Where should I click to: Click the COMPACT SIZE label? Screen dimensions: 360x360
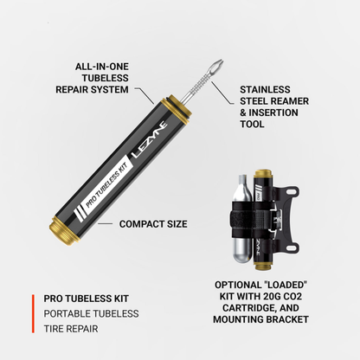[x=152, y=223]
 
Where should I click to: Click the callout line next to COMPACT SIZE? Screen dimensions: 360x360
[x=106, y=223]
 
